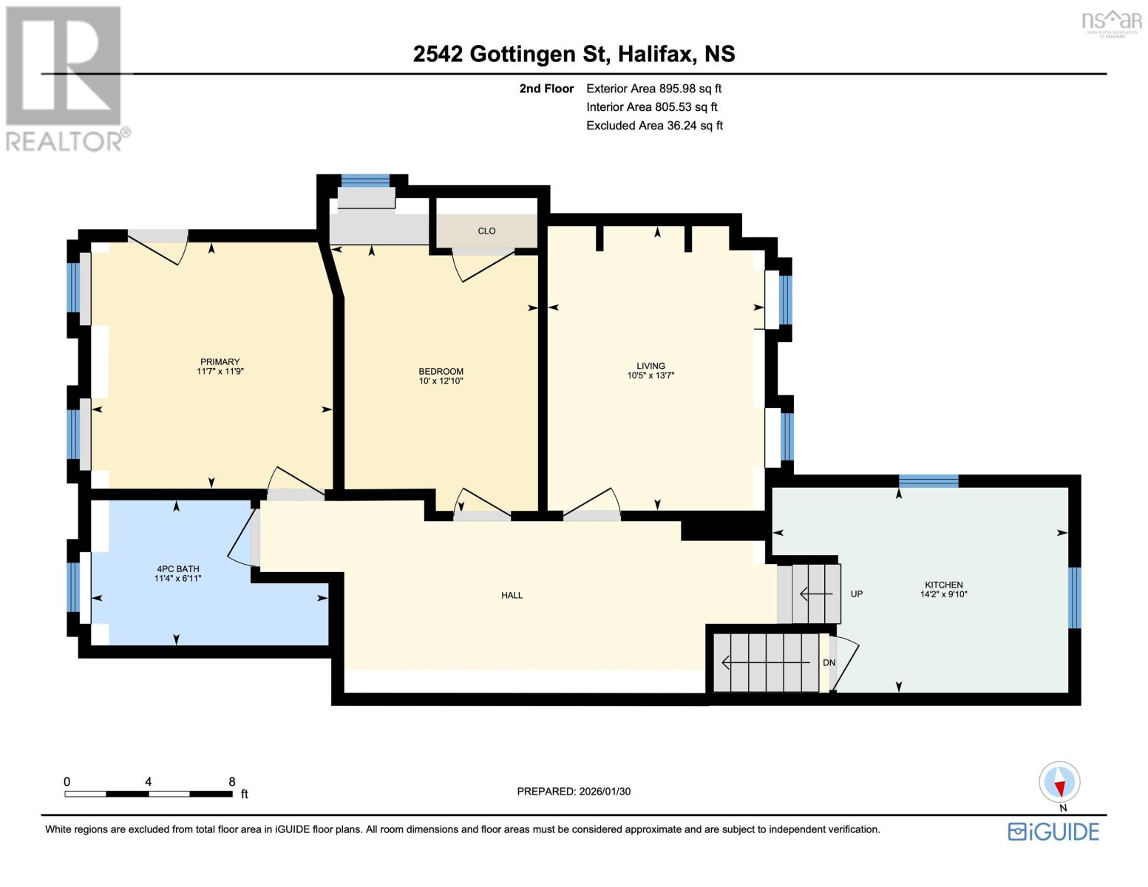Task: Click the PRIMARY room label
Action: coord(220,362)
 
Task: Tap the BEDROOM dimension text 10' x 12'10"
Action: coord(441,381)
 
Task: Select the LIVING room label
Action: coord(651,366)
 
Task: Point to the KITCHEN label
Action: coord(943,585)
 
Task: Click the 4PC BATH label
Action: coord(177,569)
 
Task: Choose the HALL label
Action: coord(512,595)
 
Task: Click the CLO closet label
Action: coord(486,231)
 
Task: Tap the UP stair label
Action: coord(857,594)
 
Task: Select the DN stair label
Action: coord(829,662)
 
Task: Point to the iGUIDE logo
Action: coord(1053,832)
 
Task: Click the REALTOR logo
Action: coord(65,78)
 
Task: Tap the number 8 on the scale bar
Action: coord(231,781)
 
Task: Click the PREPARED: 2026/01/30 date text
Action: coord(574,791)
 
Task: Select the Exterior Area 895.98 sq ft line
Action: coord(653,89)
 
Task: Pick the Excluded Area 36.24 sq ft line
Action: coord(654,126)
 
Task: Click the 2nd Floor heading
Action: coord(546,89)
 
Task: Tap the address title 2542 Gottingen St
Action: coord(510,54)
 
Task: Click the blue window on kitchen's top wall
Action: coord(928,481)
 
